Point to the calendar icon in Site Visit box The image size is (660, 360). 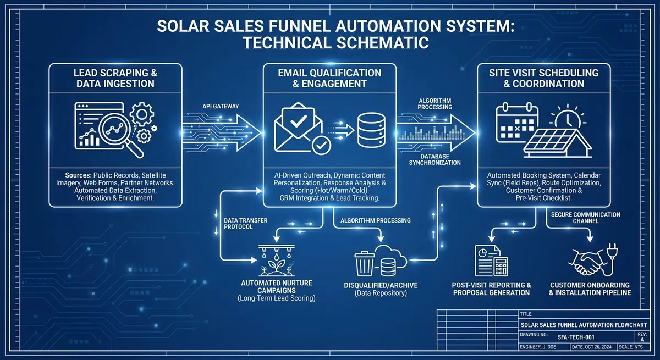[x=515, y=123]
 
